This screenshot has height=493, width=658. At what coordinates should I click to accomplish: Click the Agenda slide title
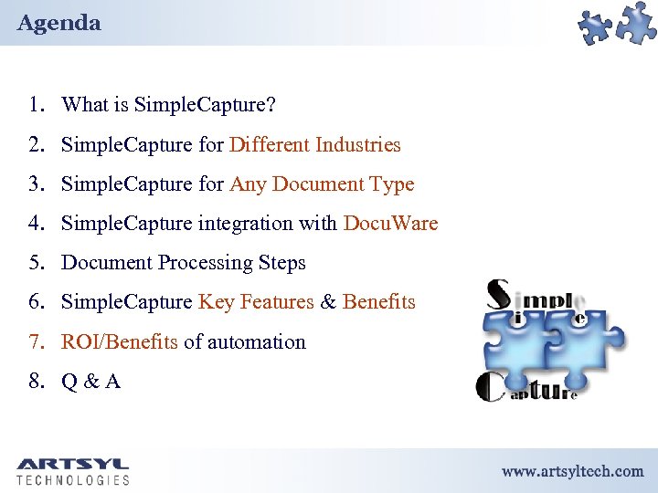pyautogui.click(x=58, y=23)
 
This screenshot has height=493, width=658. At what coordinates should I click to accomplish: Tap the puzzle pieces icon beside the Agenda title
pyautogui.click(x=618, y=24)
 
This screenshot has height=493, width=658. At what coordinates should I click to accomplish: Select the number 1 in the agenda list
pyautogui.click(x=36, y=105)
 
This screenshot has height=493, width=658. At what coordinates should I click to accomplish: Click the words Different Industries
pyautogui.click(x=315, y=144)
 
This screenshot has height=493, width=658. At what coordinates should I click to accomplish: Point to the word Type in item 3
pyautogui.click(x=392, y=184)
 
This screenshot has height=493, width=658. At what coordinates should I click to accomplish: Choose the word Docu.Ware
pyautogui.click(x=390, y=224)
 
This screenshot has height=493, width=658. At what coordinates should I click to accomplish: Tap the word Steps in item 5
pyautogui.click(x=281, y=263)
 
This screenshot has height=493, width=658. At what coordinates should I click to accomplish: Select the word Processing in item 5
pyautogui.click(x=206, y=263)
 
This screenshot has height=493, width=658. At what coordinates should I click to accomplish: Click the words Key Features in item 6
pyautogui.click(x=256, y=302)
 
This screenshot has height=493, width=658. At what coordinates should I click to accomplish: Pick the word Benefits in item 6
pyautogui.click(x=379, y=302)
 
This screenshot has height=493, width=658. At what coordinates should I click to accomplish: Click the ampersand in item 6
pyautogui.click(x=328, y=302)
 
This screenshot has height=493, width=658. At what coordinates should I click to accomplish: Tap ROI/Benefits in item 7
pyautogui.click(x=119, y=342)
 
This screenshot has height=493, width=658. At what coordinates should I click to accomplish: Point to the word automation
pyautogui.click(x=257, y=342)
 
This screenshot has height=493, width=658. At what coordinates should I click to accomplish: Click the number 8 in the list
pyautogui.click(x=36, y=382)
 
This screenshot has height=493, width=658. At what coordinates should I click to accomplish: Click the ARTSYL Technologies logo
pyautogui.click(x=73, y=471)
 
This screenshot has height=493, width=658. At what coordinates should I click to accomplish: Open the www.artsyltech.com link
pyautogui.click(x=572, y=471)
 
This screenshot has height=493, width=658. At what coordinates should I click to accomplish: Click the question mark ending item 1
pyautogui.click(x=271, y=105)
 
